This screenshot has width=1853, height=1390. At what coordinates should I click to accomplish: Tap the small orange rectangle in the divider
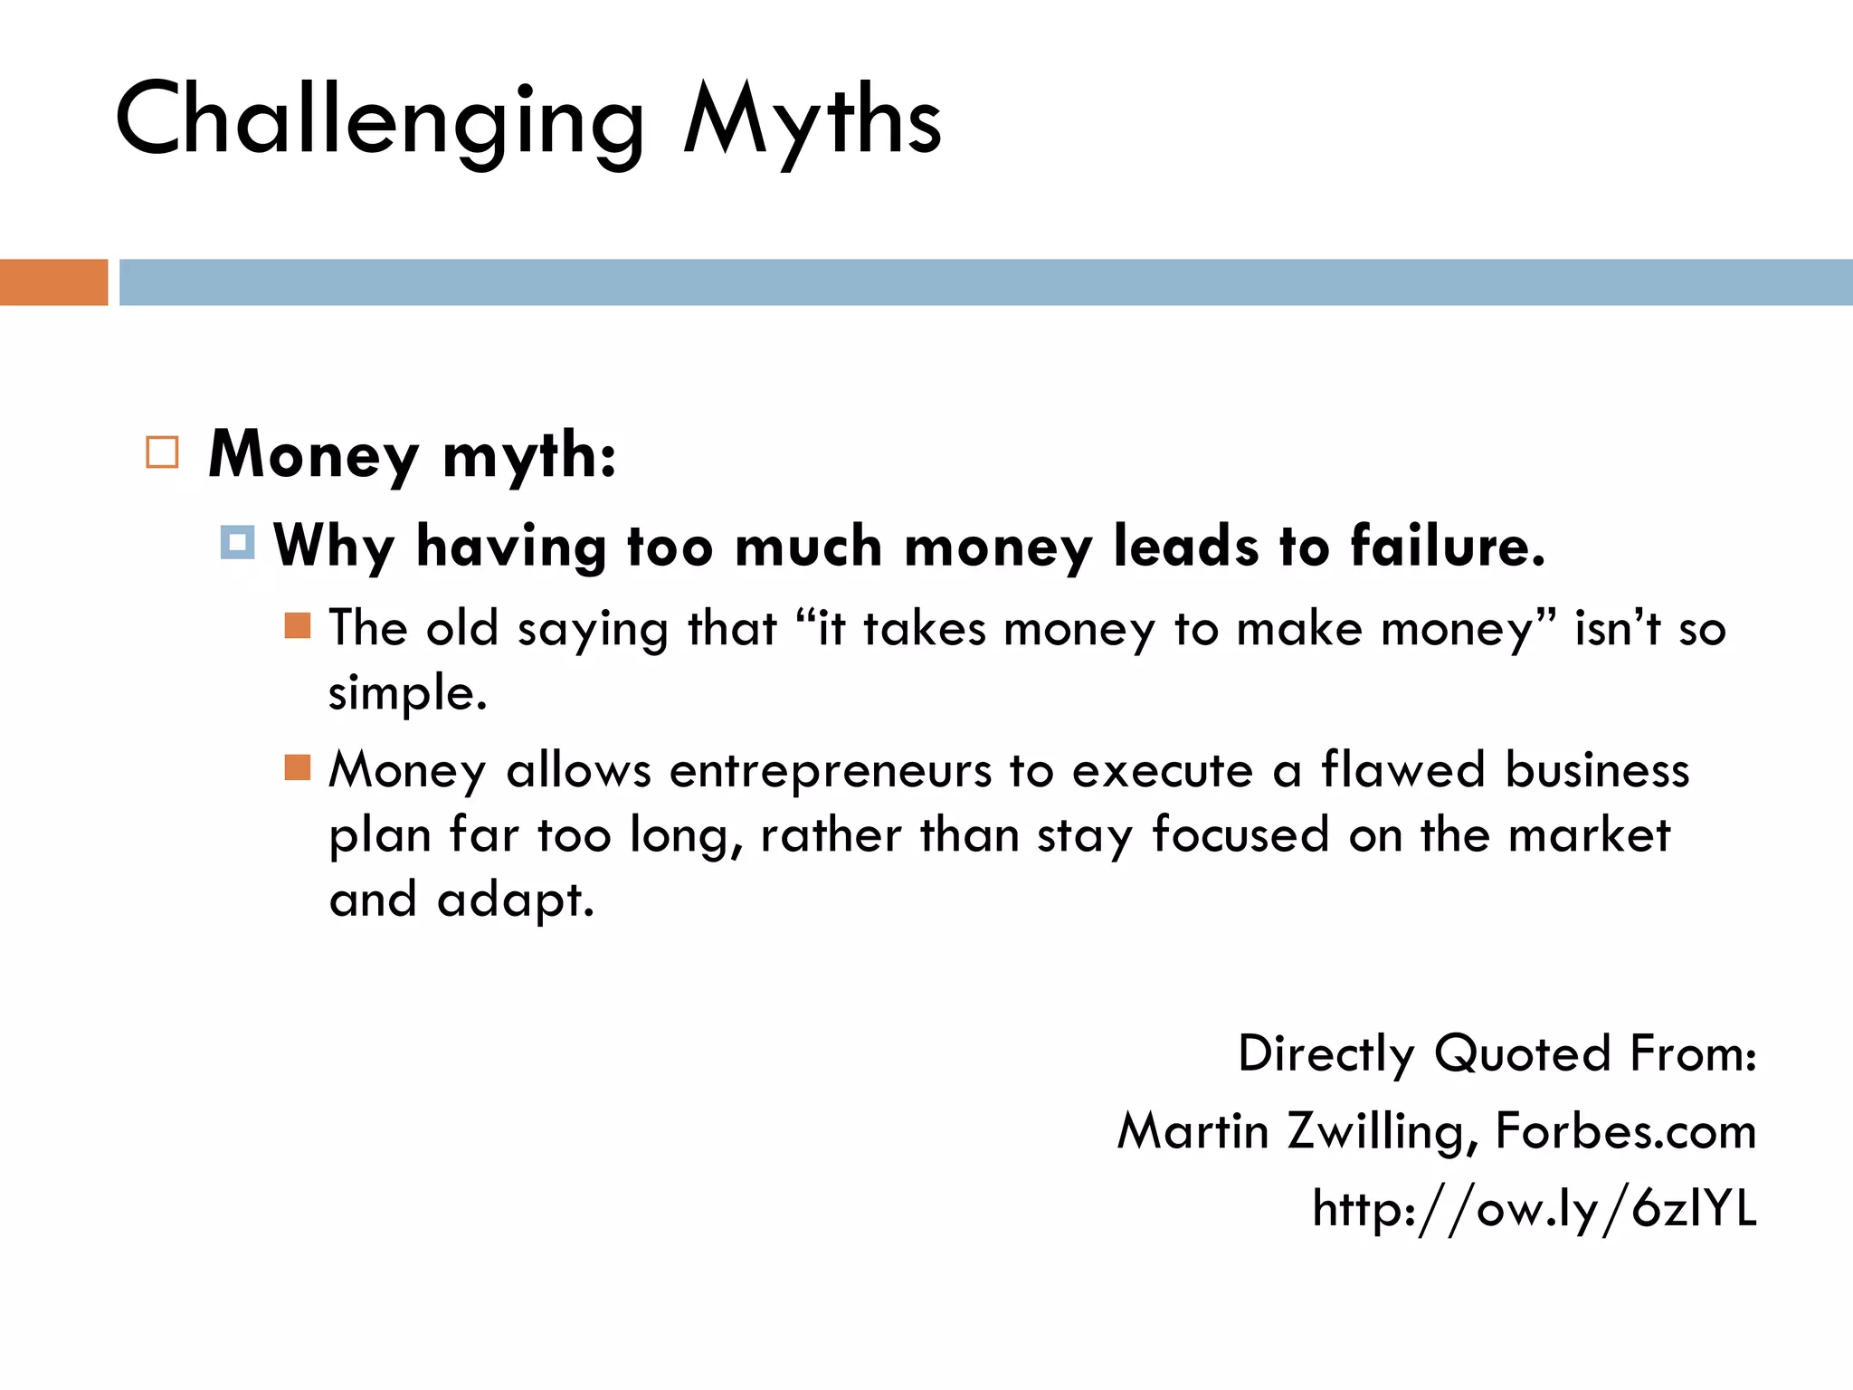[53, 282]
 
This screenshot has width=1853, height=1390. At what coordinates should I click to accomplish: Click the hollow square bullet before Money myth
[162, 452]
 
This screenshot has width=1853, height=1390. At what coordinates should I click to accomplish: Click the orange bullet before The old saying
[298, 625]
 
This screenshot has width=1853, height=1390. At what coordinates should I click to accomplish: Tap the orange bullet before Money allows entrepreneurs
[298, 767]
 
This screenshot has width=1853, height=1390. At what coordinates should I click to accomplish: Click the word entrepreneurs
[831, 771]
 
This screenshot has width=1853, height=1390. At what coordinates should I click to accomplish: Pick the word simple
[407, 695]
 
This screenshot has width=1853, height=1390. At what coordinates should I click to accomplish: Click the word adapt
[516, 900]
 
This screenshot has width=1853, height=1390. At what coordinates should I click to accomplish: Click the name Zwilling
[1383, 1131]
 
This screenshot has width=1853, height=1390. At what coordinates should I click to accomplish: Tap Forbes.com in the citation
[1626, 1131]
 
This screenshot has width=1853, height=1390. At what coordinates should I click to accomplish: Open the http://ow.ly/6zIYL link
[1535, 1209]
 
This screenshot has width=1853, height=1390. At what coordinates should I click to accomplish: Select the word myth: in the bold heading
[529, 455]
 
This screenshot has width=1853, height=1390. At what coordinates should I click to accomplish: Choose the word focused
[1240, 834]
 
